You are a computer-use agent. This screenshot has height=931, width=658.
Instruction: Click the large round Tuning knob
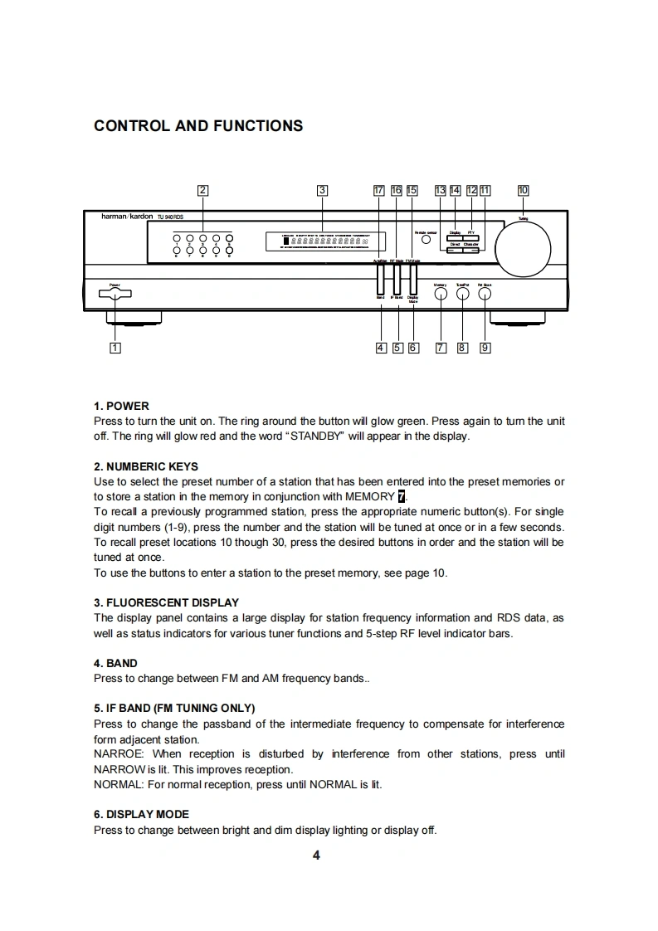point(523,246)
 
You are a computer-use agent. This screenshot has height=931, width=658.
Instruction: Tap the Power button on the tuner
point(115,293)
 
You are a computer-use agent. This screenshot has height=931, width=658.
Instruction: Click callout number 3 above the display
point(323,190)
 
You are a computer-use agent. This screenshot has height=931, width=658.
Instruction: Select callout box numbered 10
point(523,190)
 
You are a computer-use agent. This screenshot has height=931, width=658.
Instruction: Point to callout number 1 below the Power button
point(115,348)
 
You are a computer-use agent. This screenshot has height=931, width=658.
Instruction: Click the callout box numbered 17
point(379,190)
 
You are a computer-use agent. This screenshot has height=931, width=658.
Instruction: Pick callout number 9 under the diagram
point(485,348)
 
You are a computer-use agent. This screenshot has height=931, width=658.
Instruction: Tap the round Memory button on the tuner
point(441,294)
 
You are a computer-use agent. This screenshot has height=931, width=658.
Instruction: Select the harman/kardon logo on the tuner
point(126,216)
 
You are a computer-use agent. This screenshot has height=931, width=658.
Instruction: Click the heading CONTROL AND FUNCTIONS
point(198,126)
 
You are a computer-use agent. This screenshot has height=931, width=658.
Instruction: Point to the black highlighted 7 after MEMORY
point(402,497)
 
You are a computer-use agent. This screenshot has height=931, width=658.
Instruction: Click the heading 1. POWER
point(121,406)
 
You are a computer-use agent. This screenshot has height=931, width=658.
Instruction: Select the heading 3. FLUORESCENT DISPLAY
point(166,602)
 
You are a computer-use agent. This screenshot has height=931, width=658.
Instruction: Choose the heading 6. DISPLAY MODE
point(141,814)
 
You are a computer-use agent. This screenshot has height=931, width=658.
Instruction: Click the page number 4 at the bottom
point(316,855)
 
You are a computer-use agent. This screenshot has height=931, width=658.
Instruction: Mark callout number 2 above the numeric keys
point(202,190)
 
